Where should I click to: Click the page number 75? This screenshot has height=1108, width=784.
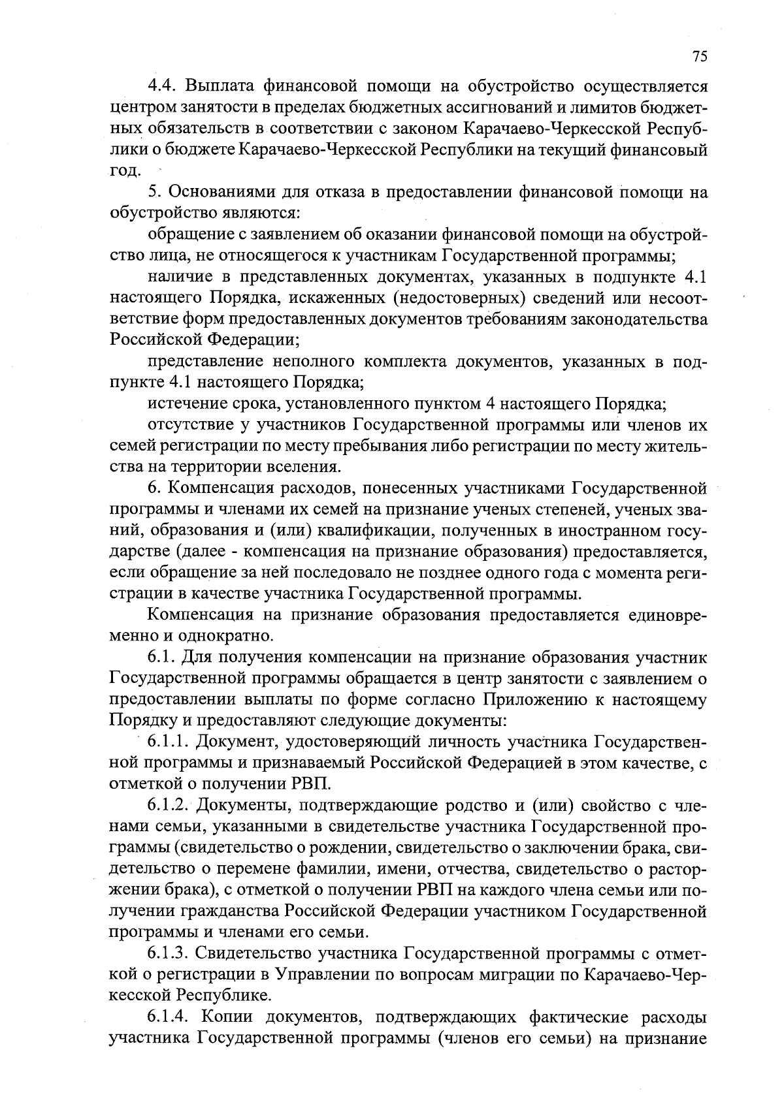[699, 57]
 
